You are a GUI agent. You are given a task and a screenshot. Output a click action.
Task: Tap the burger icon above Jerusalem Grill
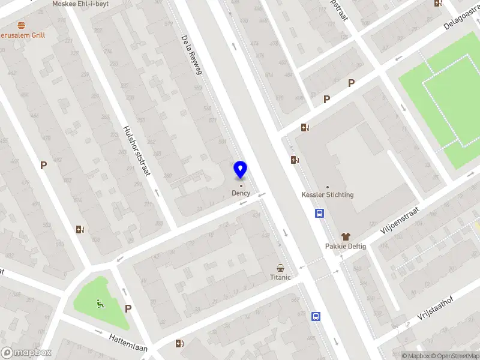pos(22,25)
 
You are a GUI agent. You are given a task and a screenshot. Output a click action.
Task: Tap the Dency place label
pos(241,193)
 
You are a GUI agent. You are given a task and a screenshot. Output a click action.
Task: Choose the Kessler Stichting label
pos(327,195)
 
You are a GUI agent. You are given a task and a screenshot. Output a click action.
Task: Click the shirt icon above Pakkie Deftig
pos(346,236)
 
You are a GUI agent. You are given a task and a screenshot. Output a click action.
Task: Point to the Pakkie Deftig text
pos(345,246)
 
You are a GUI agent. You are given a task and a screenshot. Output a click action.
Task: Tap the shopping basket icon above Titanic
pos(280,268)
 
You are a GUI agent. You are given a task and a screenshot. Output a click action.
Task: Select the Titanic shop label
pos(280,277)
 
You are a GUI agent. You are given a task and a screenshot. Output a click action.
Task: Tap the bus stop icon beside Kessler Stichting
pos(320,214)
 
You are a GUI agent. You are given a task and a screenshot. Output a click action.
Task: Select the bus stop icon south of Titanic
pos(316,317)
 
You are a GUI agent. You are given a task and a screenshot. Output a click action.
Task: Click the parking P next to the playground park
pos(128,308)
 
